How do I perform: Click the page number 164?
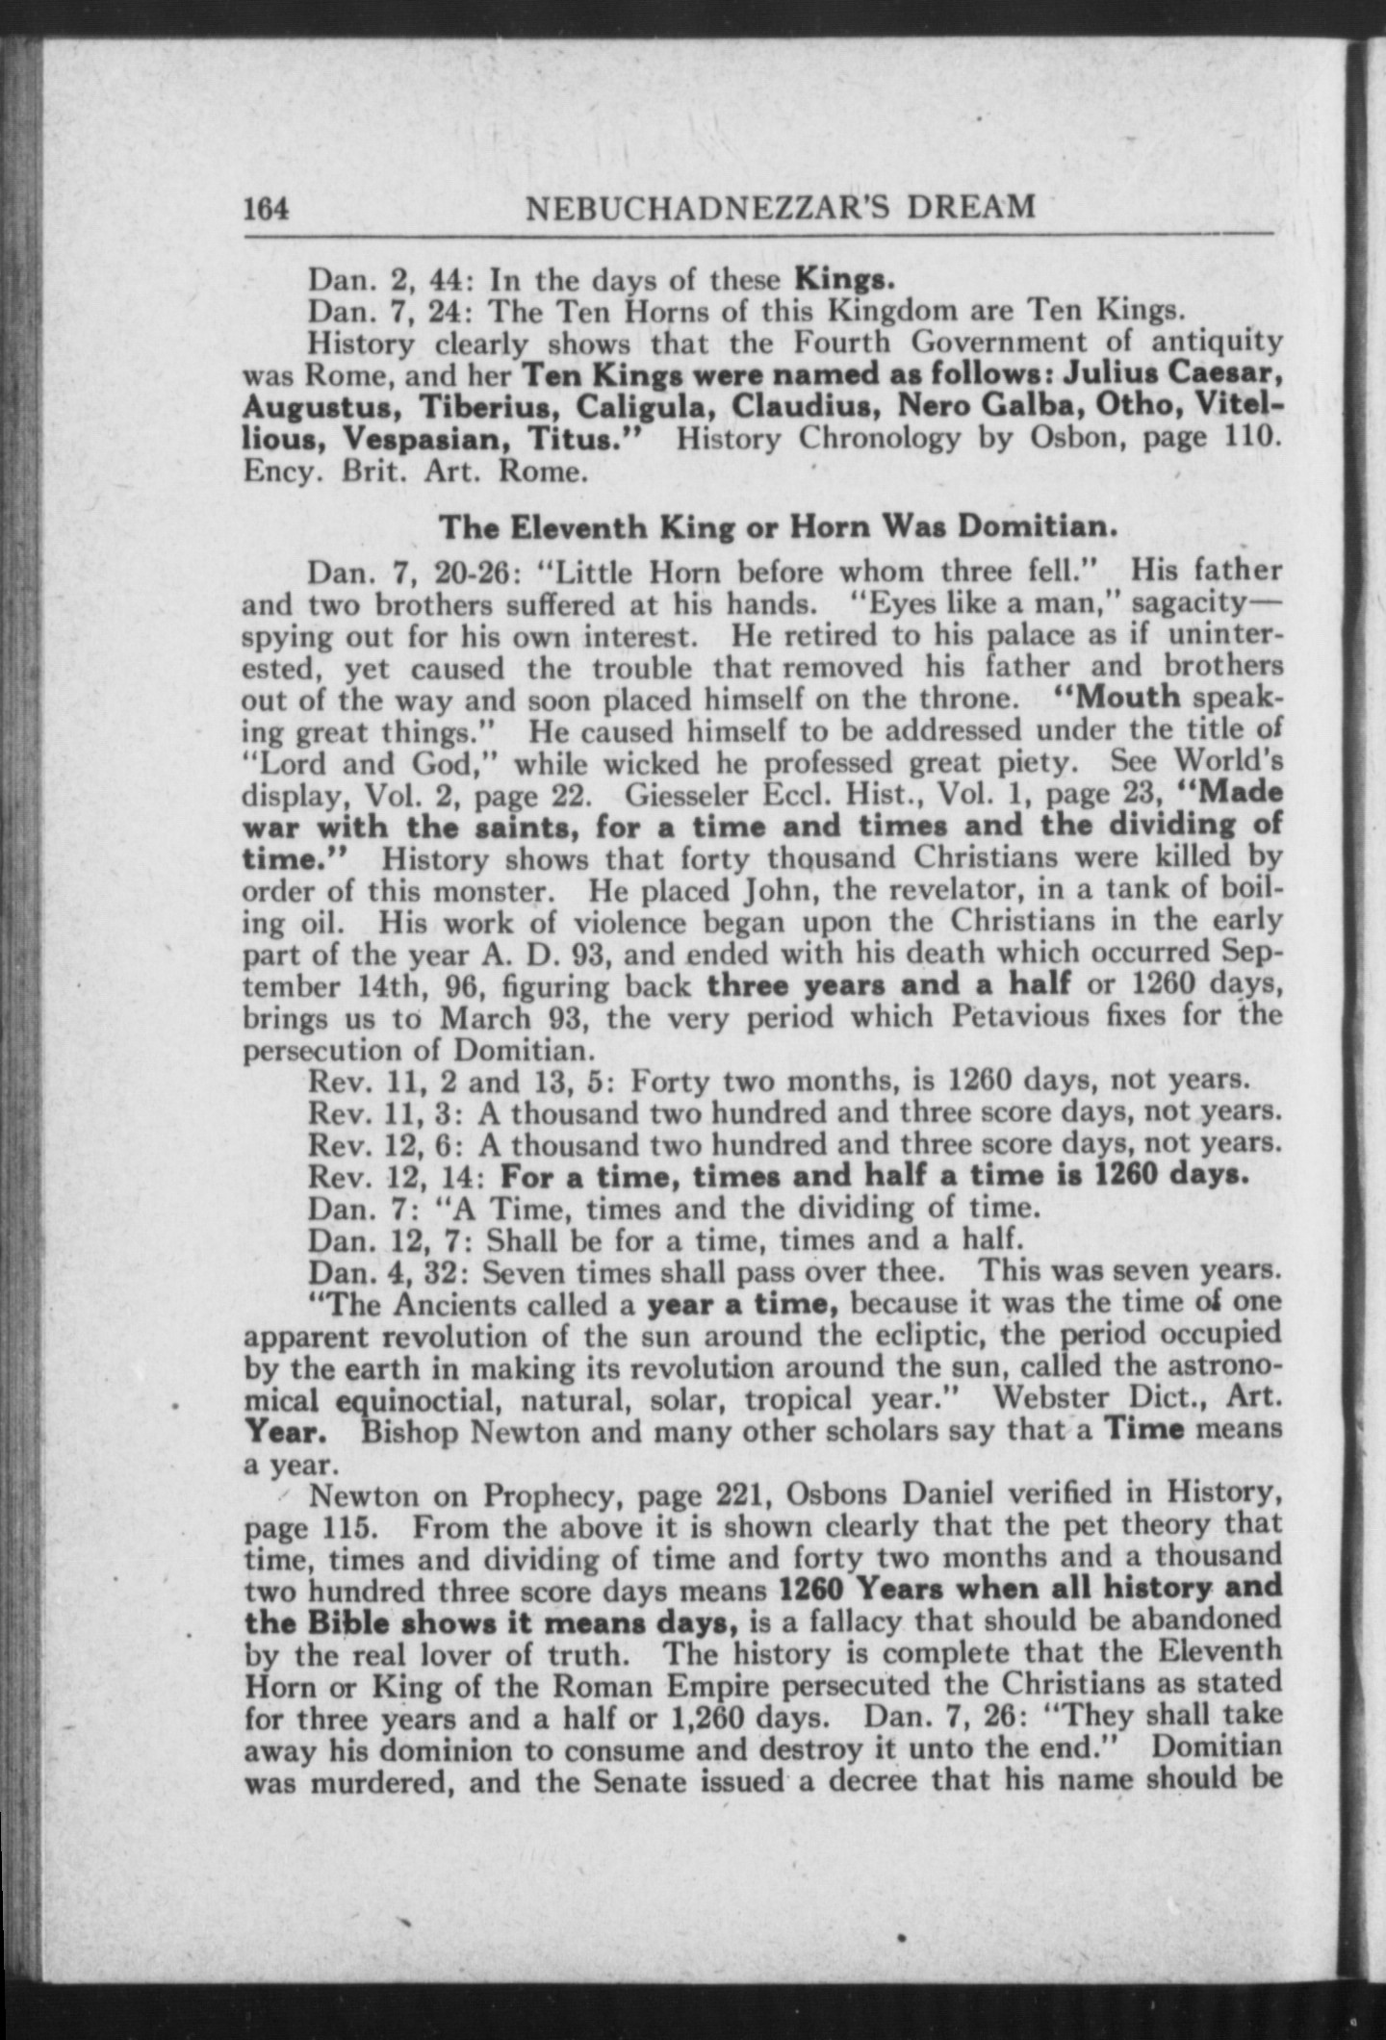pyautogui.click(x=268, y=209)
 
